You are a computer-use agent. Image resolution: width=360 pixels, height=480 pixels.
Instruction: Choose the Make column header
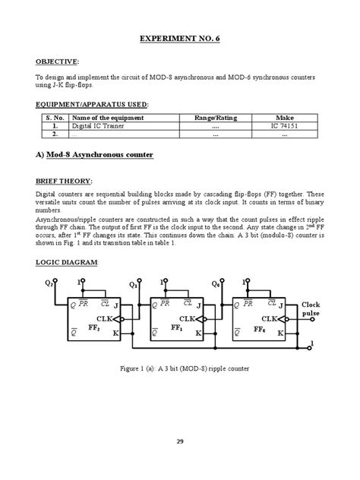click(x=284, y=118)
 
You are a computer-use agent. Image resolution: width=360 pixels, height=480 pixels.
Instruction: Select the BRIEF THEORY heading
click(x=65, y=182)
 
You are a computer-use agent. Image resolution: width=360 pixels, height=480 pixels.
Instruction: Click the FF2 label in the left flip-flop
click(x=94, y=330)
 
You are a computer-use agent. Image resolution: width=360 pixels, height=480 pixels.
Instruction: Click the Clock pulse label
click(x=311, y=309)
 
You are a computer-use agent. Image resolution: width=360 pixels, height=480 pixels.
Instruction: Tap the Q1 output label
click(x=133, y=286)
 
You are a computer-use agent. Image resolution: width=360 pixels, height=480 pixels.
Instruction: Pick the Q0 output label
click(x=216, y=286)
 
